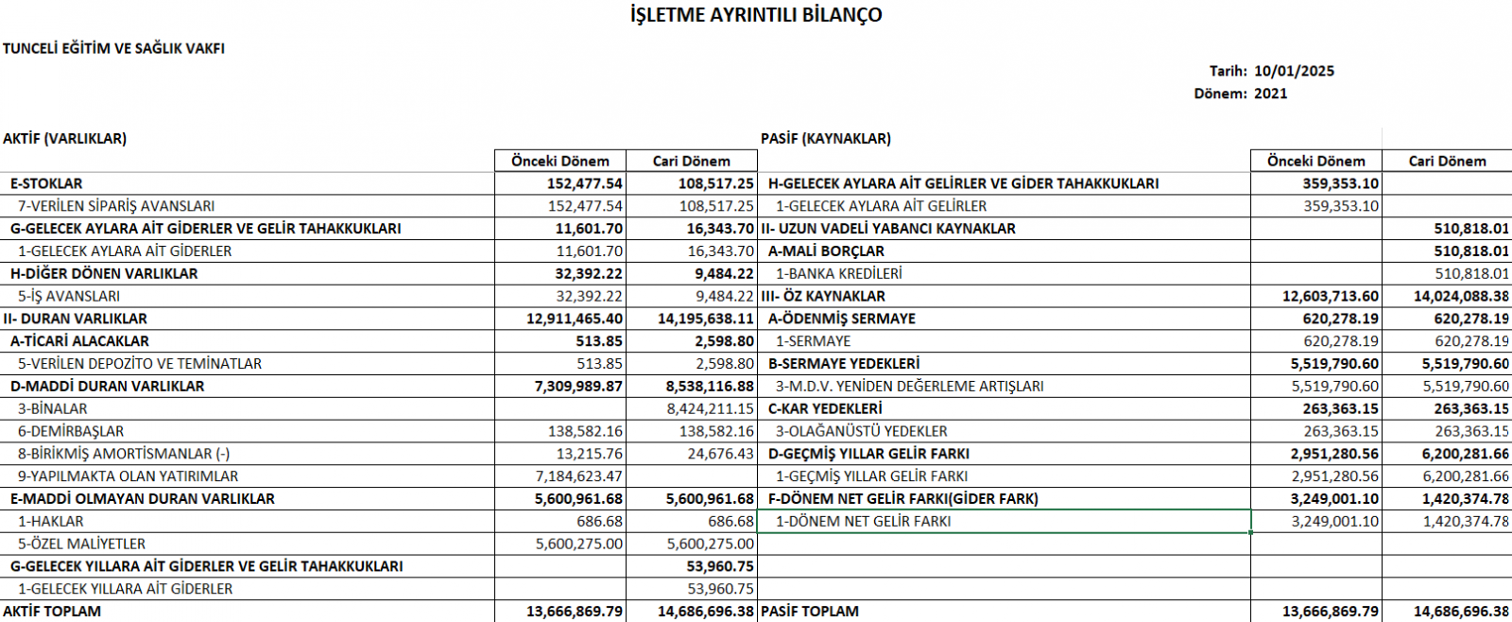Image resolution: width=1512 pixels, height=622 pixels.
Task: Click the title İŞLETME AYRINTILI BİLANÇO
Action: tap(756, 15)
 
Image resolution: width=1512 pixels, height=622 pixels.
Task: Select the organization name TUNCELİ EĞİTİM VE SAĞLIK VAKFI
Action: tap(113, 48)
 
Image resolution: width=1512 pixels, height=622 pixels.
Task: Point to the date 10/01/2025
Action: tap(1294, 71)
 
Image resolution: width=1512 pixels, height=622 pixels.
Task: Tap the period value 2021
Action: tap(1270, 94)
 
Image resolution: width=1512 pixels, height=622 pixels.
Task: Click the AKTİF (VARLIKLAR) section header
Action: tap(64, 138)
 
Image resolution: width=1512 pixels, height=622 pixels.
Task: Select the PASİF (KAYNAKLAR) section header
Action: tap(825, 138)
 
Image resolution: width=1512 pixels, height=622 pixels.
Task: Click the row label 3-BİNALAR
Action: tap(52, 408)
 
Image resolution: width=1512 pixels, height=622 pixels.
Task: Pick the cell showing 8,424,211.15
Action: tap(710, 408)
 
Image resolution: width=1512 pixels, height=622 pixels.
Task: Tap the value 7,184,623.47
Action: tap(578, 476)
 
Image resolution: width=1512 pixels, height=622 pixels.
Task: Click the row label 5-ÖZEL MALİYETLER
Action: tap(81, 544)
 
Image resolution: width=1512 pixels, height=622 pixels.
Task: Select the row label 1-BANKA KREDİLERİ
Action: tap(838, 273)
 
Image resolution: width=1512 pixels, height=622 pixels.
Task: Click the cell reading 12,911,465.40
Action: tap(575, 319)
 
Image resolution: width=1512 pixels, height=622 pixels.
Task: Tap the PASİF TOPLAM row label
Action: tap(809, 612)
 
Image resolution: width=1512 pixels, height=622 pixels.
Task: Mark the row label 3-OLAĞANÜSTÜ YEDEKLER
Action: tap(861, 431)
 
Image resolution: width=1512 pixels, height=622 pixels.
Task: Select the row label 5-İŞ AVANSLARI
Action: tap(69, 296)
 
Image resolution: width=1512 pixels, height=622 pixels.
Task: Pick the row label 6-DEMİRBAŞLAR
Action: tap(71, 431)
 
